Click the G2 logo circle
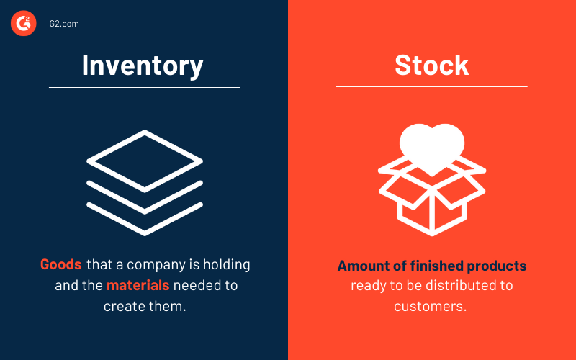(23, 24)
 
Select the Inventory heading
(143, 65)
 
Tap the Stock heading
(431, 65)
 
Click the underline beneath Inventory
(144, 88)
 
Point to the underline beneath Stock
(431, 87)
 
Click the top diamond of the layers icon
(145, 160)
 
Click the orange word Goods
(61, 264)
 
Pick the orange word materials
(138, 285)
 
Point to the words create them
(144, 306)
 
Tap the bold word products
(495, 266)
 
